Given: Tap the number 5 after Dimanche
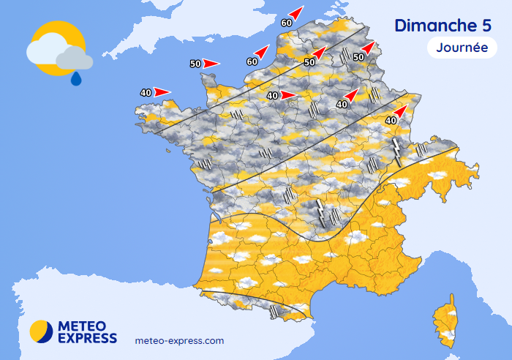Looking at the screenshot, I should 486,25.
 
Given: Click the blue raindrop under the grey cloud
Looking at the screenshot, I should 75,78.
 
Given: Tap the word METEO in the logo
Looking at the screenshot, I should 82,326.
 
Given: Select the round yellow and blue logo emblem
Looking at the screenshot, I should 42,331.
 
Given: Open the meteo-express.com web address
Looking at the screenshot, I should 180,341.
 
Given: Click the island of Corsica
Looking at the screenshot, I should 445,320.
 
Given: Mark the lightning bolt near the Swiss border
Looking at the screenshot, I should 397,151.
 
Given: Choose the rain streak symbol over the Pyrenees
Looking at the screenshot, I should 275,311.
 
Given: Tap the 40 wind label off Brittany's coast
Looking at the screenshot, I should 146,93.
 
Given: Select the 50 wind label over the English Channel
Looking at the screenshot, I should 195,64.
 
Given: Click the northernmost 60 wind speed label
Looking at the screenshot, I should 286,23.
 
